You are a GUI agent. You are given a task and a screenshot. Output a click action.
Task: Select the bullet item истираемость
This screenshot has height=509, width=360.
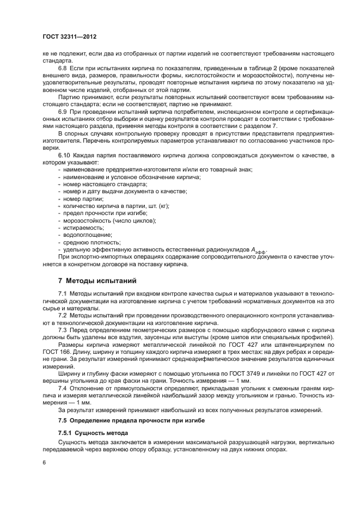tap(82, 228)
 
